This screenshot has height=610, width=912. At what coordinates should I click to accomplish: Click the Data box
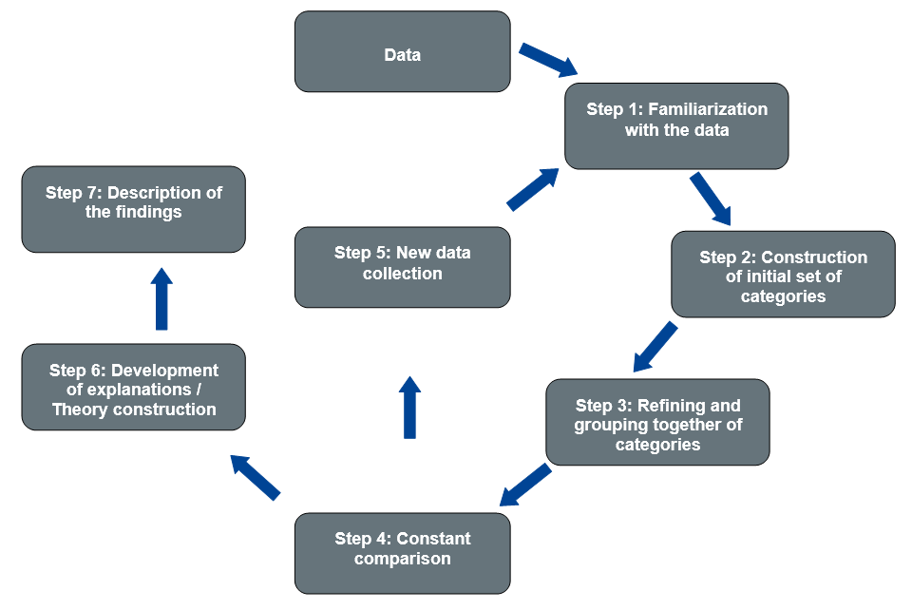pyautogui.click(x=402, y=52)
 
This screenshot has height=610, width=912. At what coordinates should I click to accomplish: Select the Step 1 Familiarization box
pyautogui.click(x=676, y=126)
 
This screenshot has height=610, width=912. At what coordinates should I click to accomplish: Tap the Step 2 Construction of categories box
pyautogui.click(x=783, y=275)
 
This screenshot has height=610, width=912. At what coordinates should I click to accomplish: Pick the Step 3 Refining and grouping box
pyautogui.click(x=657, y=422)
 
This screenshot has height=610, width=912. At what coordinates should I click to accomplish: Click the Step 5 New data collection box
pyautogui.click(x=402, y=267)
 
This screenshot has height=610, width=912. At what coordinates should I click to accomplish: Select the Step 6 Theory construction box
pyautogui.click(x=133, y=387)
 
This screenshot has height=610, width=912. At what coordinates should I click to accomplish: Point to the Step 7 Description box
pyautogui.click(x=133, y=209)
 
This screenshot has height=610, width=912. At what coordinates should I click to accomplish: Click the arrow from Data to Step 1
pyautogui.click(x=548, y=59)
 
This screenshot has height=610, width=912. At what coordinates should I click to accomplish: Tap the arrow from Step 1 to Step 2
pyautogui.click(x=711, y=199)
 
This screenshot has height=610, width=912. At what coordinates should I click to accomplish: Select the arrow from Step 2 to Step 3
pyautogui.click(x=655, y=347)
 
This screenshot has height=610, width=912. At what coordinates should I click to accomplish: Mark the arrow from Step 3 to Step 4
pyautogui.click(x=525, y=486)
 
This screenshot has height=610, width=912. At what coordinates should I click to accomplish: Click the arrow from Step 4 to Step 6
pyautogui.click(x=256, y=477)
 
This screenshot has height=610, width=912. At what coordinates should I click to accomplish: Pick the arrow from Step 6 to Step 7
pyautogui.click(x=161, y=298)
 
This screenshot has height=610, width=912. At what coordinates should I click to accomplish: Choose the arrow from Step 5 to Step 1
pyautogui.click(x=533, y=189)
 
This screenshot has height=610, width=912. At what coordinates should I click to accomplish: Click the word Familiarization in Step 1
pyautogui.click(x=708, y=109)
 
